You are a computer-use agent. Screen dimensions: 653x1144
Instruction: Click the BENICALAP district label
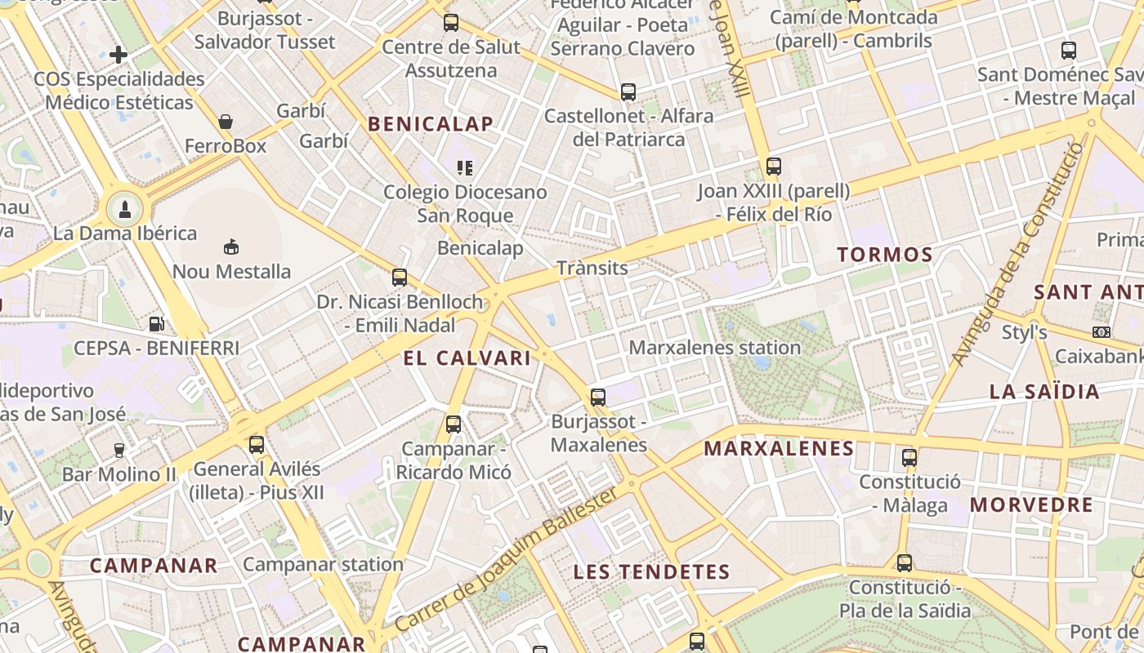(431, 124)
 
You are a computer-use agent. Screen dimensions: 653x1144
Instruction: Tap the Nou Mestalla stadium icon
(231, 247)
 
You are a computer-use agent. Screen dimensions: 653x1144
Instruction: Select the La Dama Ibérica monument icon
(124, 209)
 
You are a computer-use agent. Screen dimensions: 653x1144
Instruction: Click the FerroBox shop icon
(226, 122)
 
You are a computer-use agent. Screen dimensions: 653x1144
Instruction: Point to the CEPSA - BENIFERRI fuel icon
(156, 323)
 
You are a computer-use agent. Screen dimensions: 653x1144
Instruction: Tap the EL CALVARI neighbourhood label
(467, 358)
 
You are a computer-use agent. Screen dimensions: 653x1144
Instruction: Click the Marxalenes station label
(714, 347)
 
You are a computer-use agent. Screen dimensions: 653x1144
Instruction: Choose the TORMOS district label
(885, 255)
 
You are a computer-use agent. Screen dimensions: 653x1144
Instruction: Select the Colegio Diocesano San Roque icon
(465, 168)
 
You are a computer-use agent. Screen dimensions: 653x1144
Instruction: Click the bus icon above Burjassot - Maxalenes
(598, 398)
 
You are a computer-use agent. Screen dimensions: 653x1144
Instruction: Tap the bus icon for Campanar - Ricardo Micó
(454, 424)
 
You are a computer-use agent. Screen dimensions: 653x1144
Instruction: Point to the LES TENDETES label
(651, 572)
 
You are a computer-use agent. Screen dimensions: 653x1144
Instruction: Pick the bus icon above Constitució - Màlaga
(909, 457)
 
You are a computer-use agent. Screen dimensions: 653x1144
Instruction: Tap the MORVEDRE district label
(1031, 504)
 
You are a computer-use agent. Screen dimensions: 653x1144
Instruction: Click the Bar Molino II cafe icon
(119, 450)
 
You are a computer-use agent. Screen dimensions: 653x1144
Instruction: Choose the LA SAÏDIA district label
(1044, 391)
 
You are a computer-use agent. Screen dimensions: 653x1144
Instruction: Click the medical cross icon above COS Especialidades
(118, 55)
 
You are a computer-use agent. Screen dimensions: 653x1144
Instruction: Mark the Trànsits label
(592, 268)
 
